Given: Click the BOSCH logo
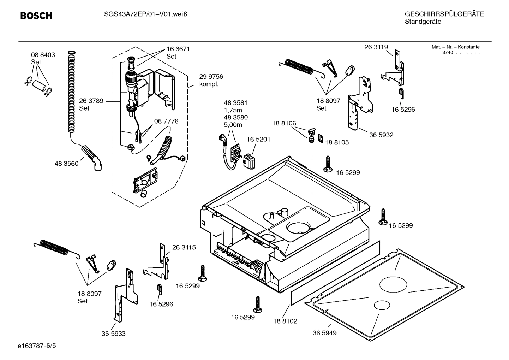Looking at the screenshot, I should tap(36, 16).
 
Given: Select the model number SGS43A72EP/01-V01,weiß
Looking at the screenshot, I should tap(143, 14).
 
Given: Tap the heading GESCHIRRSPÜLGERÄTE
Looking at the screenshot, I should tap(444, 14).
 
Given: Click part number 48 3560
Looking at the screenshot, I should tap(66, 164).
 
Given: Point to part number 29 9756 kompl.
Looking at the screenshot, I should tap(211, 80).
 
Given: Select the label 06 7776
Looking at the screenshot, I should tap(166, 121).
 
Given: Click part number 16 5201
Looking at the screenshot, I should tap(258, 139).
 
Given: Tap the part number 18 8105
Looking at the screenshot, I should tap(336, 142).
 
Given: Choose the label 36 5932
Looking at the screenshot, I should tap(381, 135).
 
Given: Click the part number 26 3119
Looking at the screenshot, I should tap(376, 47).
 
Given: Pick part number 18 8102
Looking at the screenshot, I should tap(285, 321).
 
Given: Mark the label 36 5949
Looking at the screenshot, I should tap(324, 332).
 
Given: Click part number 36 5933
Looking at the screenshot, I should tap(113, 333).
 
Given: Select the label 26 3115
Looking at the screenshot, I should tap(184, 247).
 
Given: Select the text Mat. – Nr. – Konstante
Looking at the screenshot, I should tap(455, 47).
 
